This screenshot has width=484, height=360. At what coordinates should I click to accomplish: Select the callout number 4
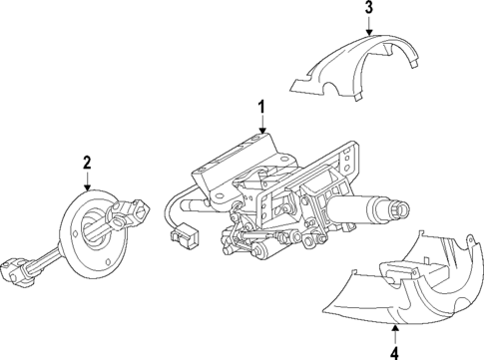click(x=395, y=351)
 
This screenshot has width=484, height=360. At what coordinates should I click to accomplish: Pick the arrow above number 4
click(x=395, y=331)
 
